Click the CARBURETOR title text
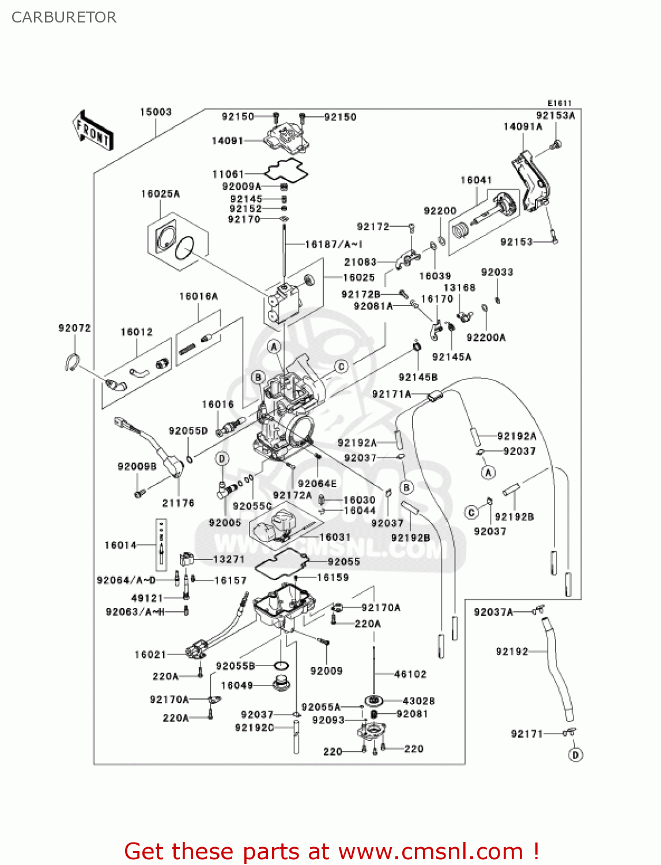coord(64,17)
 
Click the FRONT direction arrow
coord(93,130)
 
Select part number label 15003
coord(156,112)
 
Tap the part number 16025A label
coord(160,194)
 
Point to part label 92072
coord(74,328)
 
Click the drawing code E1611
coord(559,103)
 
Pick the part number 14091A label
coord(523,126)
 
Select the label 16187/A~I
coord(333,245)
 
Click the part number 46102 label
coord(410,674)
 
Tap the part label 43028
coord(418,701)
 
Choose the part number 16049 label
coord(237,685)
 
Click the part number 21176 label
coord(178,503)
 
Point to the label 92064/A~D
coord(126,580)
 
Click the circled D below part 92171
coord(575,754)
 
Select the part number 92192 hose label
coord(512,652)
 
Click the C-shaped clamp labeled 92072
coord(71,362)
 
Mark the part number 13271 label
coord(229,559)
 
